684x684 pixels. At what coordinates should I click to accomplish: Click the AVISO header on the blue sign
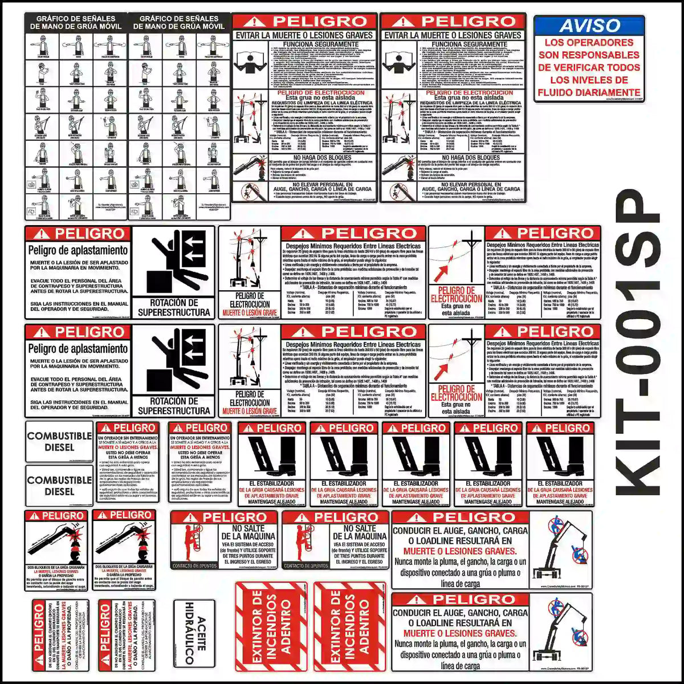tap(589, 26)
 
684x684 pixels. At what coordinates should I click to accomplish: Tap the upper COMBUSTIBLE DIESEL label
tap(59, 442)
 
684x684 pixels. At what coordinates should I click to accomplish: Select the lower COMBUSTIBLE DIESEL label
tap(59, 486)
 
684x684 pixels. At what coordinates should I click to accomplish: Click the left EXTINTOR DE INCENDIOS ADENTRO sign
tap(271, 626)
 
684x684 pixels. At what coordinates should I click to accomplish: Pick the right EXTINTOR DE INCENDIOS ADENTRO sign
tap(349, 626)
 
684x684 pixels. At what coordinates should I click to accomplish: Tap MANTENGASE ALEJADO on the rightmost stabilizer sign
tap(559, 502)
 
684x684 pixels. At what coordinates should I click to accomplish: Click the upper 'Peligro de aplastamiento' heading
tap(78, 251)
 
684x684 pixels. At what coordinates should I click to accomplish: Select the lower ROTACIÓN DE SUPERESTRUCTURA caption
tap(174, 405)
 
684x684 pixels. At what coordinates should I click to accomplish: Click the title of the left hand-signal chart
tap(76, 22)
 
